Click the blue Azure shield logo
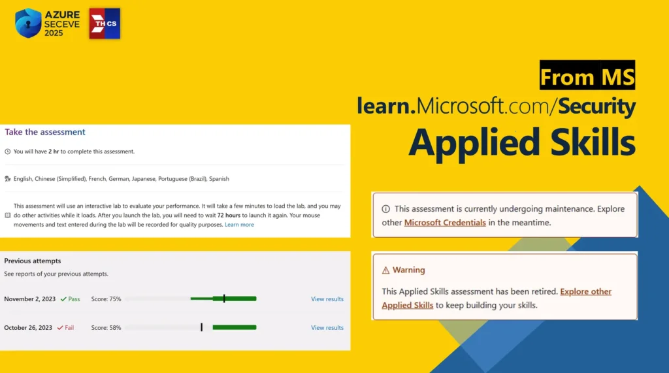point(28,23)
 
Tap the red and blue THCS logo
point(105,24)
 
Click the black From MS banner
point(587,75)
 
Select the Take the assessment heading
point(45,132)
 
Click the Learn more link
point(239,225)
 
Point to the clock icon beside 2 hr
point(8,152)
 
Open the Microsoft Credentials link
point(445,222)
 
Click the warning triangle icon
point(385,270)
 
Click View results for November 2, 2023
point(327,299)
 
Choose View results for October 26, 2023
point(327,328)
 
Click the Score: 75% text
point(106,299)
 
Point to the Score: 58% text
point(106,328)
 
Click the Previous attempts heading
point(33,261)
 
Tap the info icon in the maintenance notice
point(385,209)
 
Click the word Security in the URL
point(597,106)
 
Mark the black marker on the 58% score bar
point(201,327)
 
